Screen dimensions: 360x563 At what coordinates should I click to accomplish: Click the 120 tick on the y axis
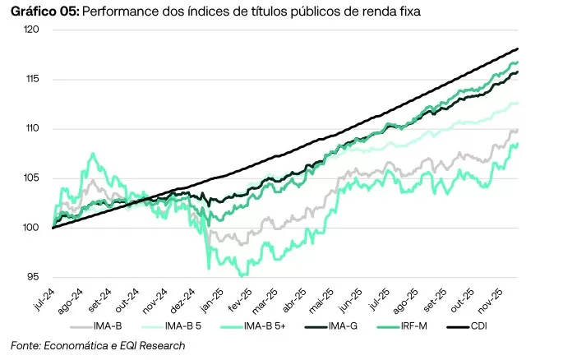click(34, 30)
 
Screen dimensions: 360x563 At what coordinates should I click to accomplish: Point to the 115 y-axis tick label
click(34, 79)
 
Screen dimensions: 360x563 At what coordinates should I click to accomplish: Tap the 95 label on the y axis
click(36, 277)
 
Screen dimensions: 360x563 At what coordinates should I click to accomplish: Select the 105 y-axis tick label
click(34, 178)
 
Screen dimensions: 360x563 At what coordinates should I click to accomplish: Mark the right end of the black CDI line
click(517, 49)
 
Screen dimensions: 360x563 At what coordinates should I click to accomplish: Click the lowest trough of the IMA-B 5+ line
click(242, 275)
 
